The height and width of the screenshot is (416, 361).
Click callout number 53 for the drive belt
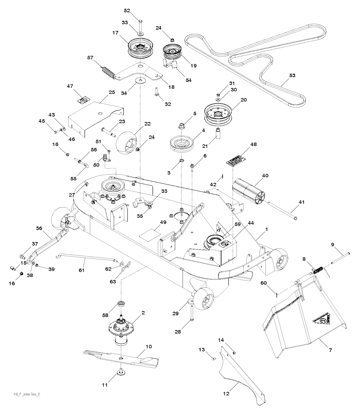(x=292, y=75)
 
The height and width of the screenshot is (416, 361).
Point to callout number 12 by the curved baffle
(x=226, y=393)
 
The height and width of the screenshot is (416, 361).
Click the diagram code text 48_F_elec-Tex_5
(x=24, y=393)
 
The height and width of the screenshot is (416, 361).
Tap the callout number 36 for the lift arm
(x=39, y=228)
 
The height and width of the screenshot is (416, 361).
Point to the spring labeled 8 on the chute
(x=319, y=271)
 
